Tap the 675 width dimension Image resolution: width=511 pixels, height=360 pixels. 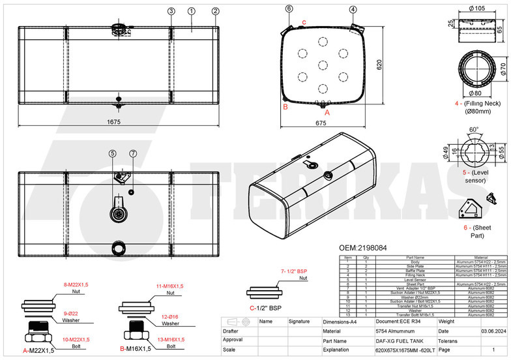(x=320, y=122)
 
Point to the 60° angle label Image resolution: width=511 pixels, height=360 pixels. (x=474, y=129)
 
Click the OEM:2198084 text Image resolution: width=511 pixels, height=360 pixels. (x=364, y=248)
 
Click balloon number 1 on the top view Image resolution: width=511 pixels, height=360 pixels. (x=191, y=11)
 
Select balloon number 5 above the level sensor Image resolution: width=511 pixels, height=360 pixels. (x=112, y=153)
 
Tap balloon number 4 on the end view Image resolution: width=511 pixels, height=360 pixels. (x=353, y=9)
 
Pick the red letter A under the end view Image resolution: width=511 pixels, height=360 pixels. (x=327, y=112)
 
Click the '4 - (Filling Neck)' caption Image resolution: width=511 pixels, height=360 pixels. (x=478, y=103)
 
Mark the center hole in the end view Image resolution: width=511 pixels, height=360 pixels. (x=323, y=64)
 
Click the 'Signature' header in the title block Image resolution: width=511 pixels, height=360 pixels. (x=299, y=322)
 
